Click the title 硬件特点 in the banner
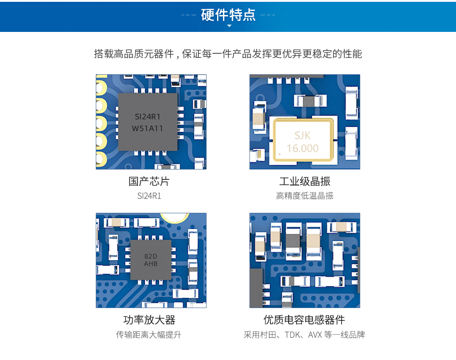coord(228,15)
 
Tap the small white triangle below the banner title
coord(229,26)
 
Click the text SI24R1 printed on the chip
coord(148,117)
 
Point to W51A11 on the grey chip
coord(147,129)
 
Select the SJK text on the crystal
coord(302,135)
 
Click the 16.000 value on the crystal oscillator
coord(302,148)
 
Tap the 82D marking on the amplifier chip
coord(150,257)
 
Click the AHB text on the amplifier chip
coord(150,264)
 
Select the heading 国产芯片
coord(149,181)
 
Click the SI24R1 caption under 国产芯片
coord(149,196)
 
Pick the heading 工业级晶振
coord(305,181)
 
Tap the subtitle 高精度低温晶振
coord(305,196)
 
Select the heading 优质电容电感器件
coord(304,319)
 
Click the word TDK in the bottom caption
coord(292,334)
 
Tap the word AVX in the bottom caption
coord(315,334)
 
